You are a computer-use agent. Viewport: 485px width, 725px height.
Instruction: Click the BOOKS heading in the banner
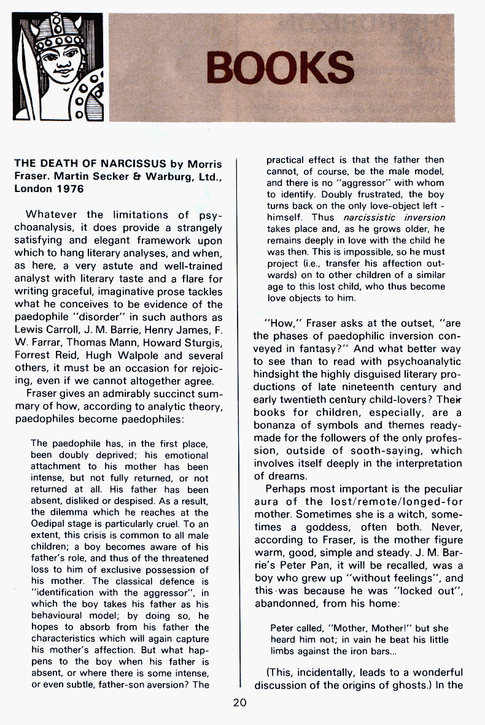click(281, 67)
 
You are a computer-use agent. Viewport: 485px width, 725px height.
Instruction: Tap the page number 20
click(239, 702)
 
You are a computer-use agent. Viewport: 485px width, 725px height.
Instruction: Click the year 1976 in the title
click(69, 189)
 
